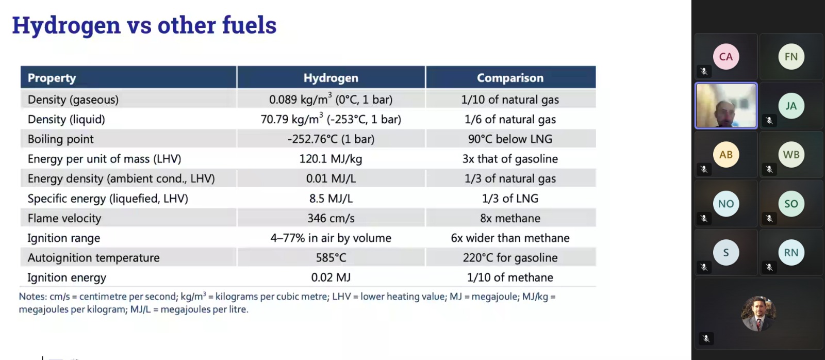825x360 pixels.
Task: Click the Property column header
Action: click(x=52, y=78)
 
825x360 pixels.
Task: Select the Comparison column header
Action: click(x=510, y=78)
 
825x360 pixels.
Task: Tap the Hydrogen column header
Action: click(x=331, y=78)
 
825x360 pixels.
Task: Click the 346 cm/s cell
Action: click(x=331, y=218)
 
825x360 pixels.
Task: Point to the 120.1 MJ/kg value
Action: click(x=331, y=159)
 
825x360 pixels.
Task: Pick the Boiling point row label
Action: click(x=60, y=139)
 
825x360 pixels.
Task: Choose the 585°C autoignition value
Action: click(x=331, y=257)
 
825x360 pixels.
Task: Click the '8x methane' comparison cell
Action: click(x=510, y=218)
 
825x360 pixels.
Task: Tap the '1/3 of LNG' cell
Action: click(x=510, y=198)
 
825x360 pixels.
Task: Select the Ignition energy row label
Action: click(x=67, y=277)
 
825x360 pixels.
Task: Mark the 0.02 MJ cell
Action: click(x=331, y=277)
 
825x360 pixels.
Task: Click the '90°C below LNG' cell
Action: click(x=510, y=139)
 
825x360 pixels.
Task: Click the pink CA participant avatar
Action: click(x=726, y=57)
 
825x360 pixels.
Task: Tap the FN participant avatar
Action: click(x=791, y=57)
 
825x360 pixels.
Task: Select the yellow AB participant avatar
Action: click(x=726, y=154)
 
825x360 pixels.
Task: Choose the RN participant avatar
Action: click(x=791, y=252)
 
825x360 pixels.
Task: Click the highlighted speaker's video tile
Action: click(x=726, y=106)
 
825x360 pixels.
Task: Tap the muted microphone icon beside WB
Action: click(x=769, y=169)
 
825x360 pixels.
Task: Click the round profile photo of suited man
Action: click(x=758, y=314)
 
